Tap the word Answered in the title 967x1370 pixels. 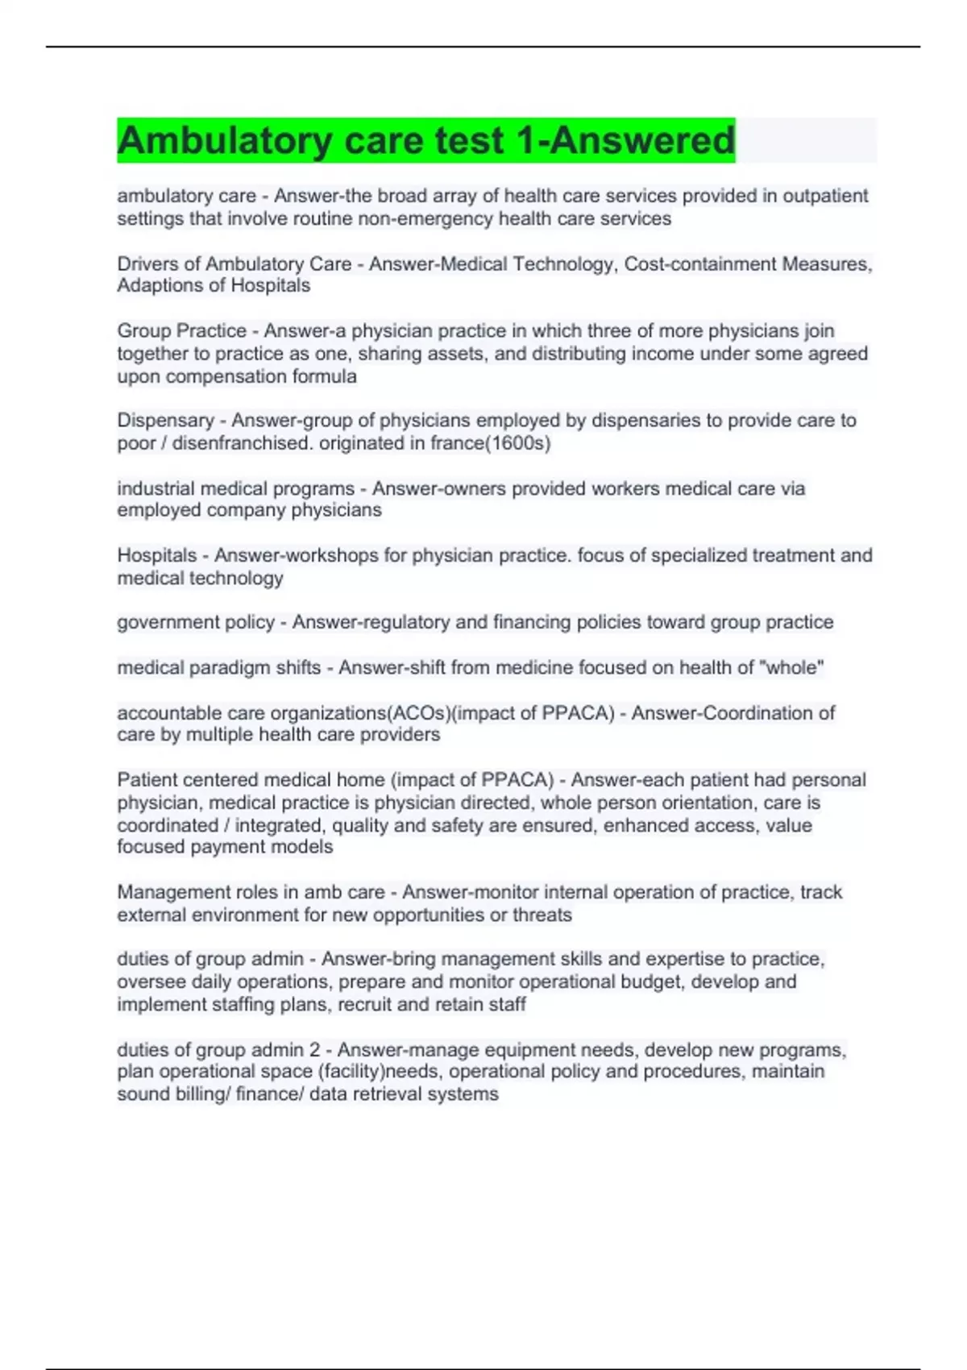pyautogui.click(x=642, y=141)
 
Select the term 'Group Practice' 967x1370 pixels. pyautogui.click(x=182, y=331)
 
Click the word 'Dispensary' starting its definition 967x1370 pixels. pyautogui.click(x=165, y=421)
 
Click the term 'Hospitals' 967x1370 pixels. pyautogui.click(x=157, y=555)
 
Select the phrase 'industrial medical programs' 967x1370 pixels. pyautogui.click(x=235, y=488)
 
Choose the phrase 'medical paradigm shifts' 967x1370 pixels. pyautogui.click(x=218, y=667)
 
